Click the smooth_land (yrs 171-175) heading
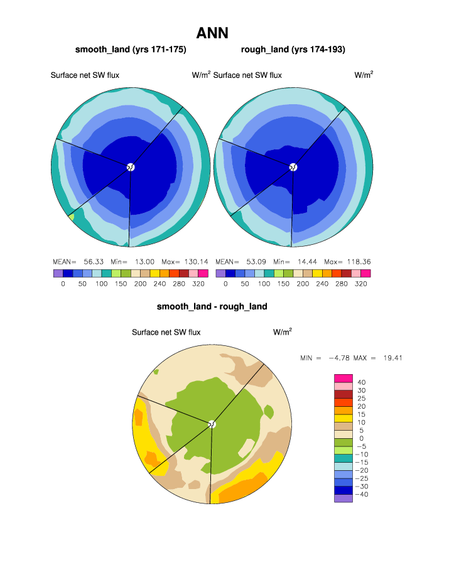131,49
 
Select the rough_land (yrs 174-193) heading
293,49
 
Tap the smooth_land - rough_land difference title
212,306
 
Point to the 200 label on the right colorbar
303,284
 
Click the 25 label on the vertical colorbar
361,398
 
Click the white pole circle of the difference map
212,424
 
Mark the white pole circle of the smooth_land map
131,167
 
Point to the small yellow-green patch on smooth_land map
72,217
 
